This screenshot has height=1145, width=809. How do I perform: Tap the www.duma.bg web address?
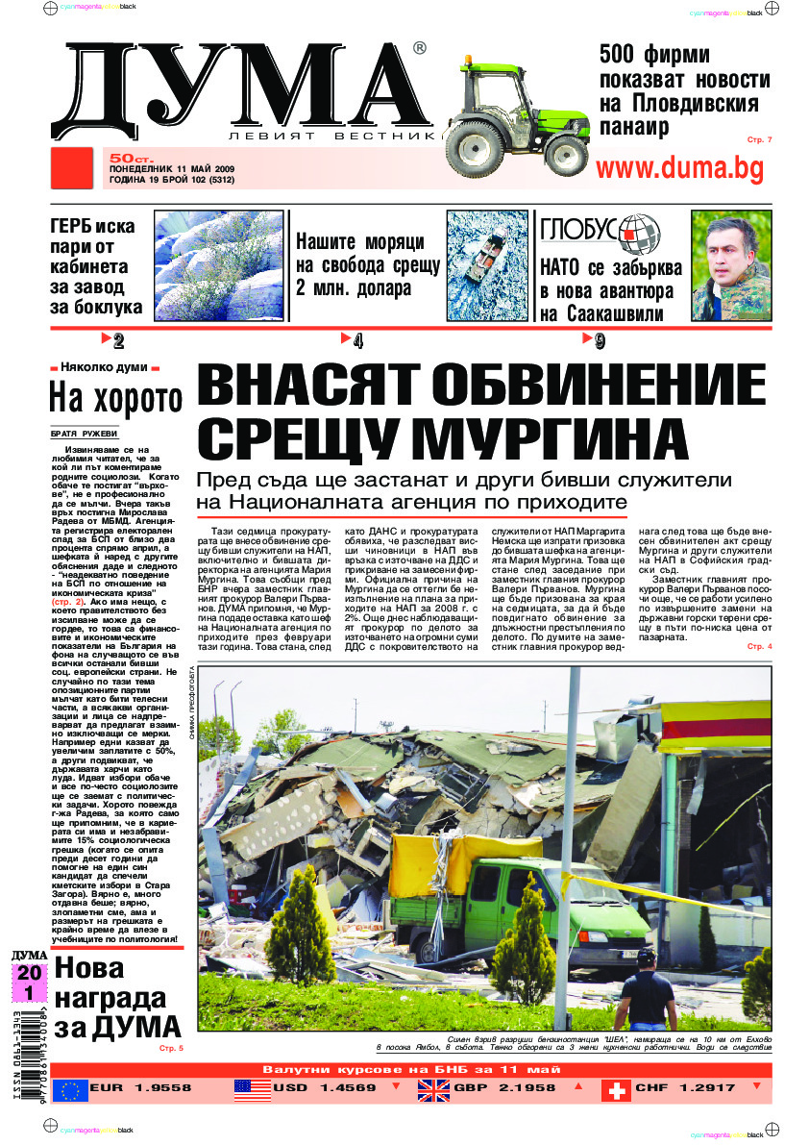(x=680, y=168)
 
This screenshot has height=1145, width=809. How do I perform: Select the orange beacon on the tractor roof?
(x=468, y=61)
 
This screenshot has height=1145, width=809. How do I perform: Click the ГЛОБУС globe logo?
(x=638, y=231)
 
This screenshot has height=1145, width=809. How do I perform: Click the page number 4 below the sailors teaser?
(x=357, y=339)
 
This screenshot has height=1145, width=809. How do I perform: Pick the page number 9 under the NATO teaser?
(x=599, y=339)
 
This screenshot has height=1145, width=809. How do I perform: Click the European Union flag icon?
(x=69, y=1089)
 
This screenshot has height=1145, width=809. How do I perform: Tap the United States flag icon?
(x=252, y=1089)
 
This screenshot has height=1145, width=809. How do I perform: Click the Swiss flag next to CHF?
(x=616, y=1089)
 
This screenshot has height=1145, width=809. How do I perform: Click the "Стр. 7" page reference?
(x=759, y=140)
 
